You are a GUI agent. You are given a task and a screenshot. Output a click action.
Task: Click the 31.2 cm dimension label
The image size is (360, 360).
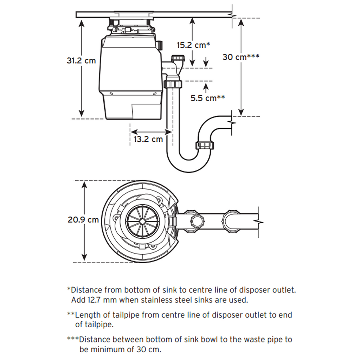click(81, 60)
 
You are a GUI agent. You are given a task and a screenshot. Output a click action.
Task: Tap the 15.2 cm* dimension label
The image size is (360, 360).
click(193, 45)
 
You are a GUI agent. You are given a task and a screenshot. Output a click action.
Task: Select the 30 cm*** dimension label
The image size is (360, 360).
click(241, 57)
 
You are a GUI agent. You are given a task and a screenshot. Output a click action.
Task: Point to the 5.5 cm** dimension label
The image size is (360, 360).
click(207, 98)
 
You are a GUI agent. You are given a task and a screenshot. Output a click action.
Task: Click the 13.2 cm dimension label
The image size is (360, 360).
click(148, 139)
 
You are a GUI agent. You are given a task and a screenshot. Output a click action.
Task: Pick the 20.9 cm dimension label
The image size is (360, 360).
click(83, 220)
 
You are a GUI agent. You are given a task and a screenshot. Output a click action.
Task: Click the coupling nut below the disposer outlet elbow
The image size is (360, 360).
click(172, 84)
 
